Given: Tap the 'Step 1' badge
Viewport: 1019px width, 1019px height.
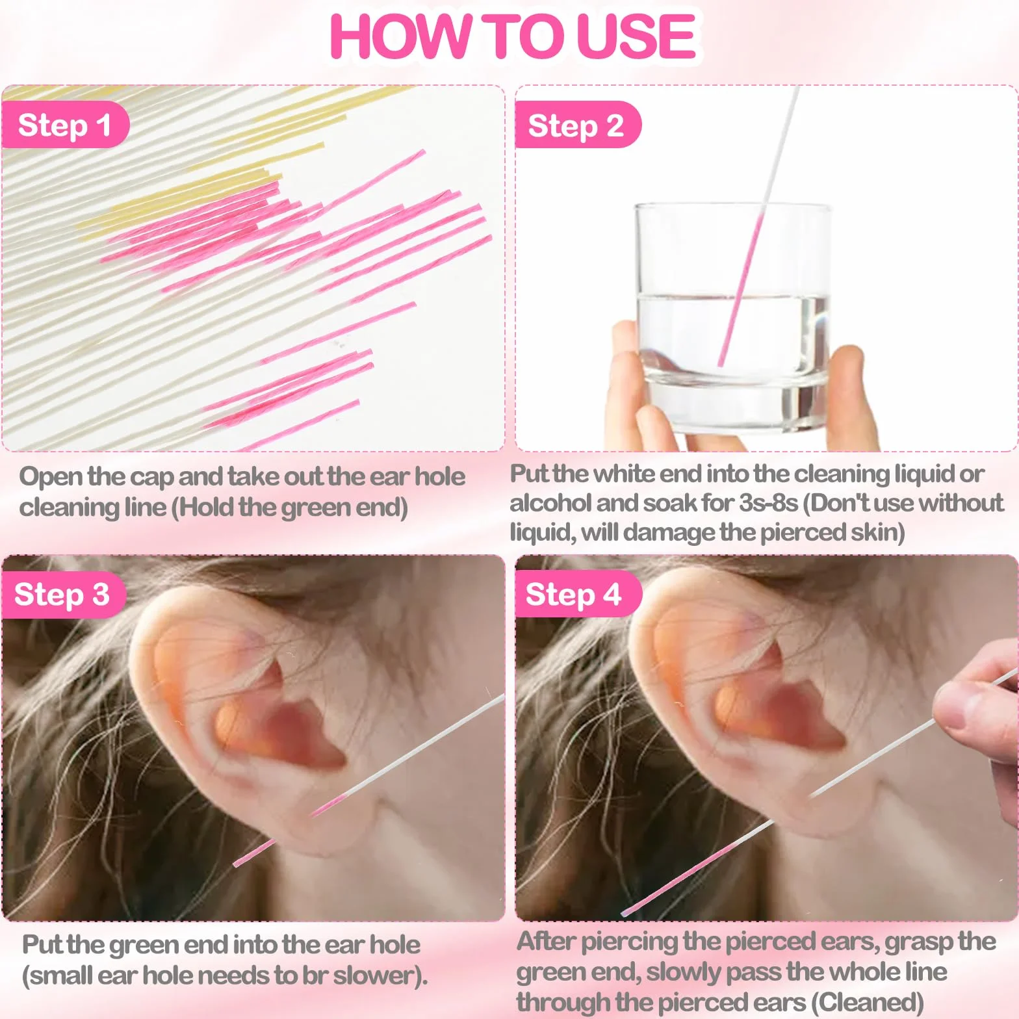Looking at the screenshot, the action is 64,125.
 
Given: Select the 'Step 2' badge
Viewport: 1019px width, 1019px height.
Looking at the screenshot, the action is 577,125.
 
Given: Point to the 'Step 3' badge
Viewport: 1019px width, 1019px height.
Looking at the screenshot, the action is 62,594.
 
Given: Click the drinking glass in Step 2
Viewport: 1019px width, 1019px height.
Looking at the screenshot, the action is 732,318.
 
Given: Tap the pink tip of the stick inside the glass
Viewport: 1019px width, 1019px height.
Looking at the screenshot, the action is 720,364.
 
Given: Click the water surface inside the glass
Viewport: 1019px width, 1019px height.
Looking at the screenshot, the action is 732,298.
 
